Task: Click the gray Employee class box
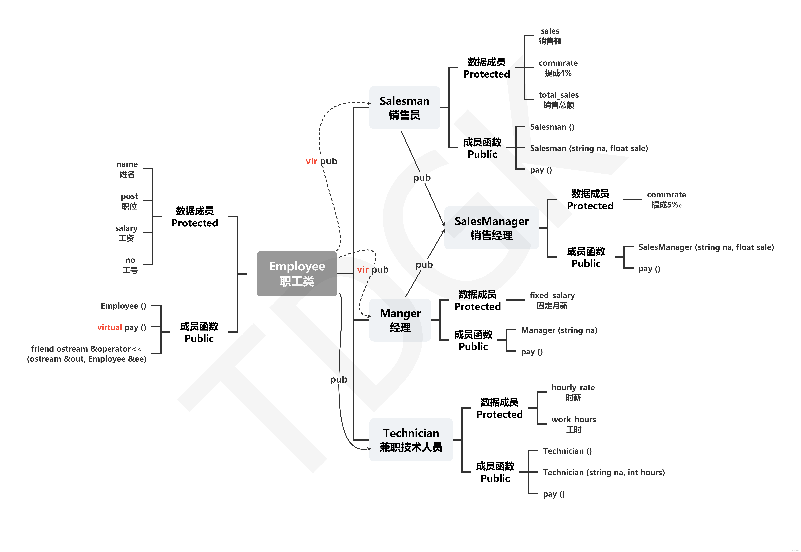297,274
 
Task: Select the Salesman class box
404,108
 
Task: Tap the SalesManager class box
491,228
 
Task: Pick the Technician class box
411,440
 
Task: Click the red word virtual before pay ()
110,327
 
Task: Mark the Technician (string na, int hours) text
604,472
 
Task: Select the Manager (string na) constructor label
559,330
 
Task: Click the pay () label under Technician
554,494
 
